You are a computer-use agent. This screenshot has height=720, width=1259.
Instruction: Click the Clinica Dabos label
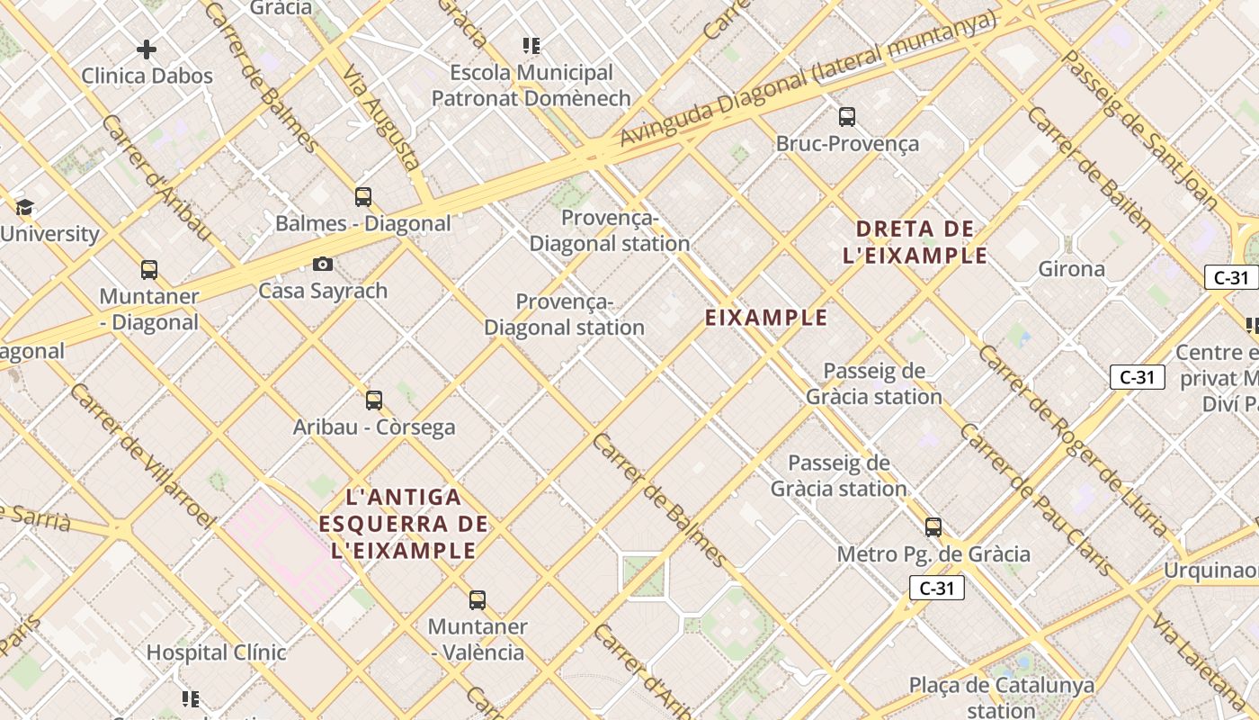click(147, 76)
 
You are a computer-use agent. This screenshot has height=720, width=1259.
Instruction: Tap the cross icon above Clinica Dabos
click(147, 49)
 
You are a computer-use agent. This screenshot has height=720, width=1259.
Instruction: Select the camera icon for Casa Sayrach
click(323, 264)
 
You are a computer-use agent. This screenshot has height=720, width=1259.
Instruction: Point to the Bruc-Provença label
click(847, 144)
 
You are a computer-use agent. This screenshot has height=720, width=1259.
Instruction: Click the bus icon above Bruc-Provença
click(847, 116)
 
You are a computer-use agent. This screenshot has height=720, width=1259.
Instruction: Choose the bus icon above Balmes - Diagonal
click(363, 196)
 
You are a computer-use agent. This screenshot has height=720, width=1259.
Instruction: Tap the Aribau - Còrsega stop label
click(374, 427)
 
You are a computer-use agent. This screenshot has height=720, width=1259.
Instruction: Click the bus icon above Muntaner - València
click(478, 599)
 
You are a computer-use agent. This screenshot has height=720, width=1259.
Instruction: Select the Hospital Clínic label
click(217, 652)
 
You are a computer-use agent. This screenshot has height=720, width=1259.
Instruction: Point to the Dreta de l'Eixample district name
click(915, 242)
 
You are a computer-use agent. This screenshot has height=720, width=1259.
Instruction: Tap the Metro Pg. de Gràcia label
click(933, 554)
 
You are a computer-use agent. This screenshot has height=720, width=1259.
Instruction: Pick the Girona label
click(1072, 269)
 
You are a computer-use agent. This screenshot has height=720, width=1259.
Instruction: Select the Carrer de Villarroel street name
click(143, 454)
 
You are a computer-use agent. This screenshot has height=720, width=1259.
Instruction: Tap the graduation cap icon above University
click(24, 208)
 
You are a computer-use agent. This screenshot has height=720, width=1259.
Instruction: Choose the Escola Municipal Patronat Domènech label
click(531, 85)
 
